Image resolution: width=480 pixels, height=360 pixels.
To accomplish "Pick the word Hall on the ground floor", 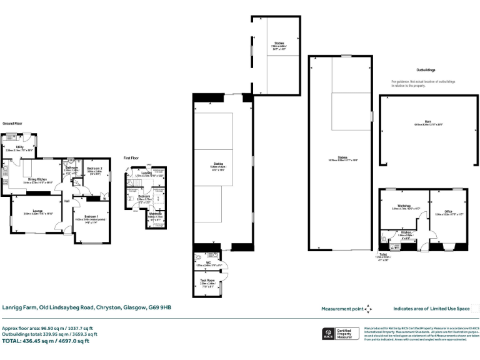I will [x=66, y=200].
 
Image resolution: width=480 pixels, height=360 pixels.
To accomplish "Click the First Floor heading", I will [x=132, y=158].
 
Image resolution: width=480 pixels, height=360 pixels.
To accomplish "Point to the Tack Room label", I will [x=207, y=281].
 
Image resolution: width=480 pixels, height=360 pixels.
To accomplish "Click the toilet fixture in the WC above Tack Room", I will [x=197, y=256].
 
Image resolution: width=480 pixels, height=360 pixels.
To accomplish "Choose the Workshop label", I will [x=404, y=206].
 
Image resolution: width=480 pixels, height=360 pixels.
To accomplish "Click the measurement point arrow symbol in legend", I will [x=369, y=309].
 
